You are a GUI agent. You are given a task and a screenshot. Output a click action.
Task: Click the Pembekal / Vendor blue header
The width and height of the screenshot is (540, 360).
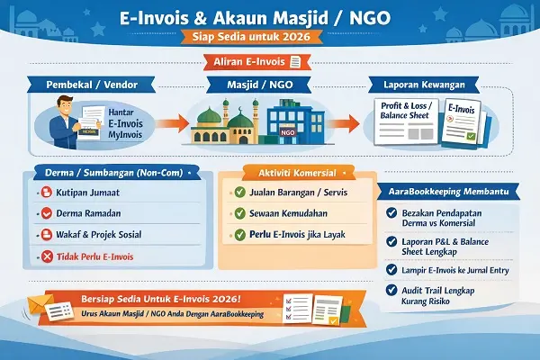click(x=88, y=85)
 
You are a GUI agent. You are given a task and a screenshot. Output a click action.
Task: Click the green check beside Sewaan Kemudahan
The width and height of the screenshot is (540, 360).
click(x=238, y=213)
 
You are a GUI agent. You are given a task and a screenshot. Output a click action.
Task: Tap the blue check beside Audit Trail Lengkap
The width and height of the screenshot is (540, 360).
click(x=391, y=290)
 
